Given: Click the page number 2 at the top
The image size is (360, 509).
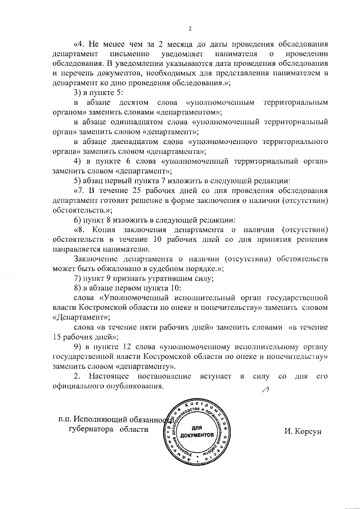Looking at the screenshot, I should pos(190,29).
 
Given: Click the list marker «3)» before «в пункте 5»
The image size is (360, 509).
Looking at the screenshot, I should pos(78,93).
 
